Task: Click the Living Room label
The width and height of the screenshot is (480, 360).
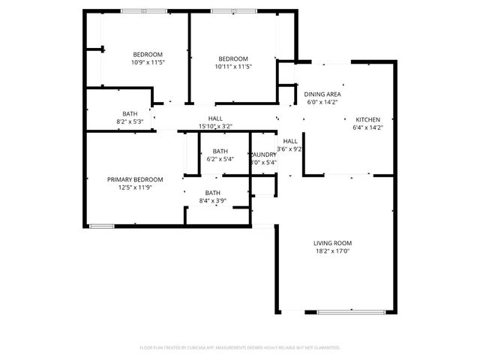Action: click(332, 243)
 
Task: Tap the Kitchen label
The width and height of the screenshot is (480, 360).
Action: click(367, 120)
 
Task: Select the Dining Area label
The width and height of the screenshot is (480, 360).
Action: click(322, 94)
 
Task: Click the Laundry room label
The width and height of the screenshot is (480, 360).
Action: click(263, 154)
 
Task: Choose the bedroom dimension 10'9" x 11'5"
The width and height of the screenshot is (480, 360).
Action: click(148, 62)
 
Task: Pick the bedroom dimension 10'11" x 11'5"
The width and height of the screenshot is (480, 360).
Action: click(233, 67)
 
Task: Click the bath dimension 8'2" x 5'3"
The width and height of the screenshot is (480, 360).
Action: click(130, 121)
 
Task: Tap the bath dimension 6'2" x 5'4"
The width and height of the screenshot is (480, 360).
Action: click(220, 159)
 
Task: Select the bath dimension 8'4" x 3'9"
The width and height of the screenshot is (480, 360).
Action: click(213, 200)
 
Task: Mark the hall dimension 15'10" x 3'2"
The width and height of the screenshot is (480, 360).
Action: click(215, 126)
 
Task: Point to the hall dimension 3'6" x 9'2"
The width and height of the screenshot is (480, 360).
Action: click(289, 148)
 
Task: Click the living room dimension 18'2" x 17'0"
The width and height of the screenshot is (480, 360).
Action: click(332, 251)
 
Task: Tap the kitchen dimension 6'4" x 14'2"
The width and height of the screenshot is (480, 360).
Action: click(367, 128)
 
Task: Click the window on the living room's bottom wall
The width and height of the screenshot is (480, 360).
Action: click(346, 311)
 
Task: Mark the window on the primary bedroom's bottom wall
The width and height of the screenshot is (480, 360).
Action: click(101, 226)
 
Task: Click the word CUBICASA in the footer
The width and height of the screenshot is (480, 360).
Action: click(195, 348)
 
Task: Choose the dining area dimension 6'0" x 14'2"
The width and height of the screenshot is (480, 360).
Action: click(322, 103)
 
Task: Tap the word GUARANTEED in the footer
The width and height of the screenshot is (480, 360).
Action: click(325, 348)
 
